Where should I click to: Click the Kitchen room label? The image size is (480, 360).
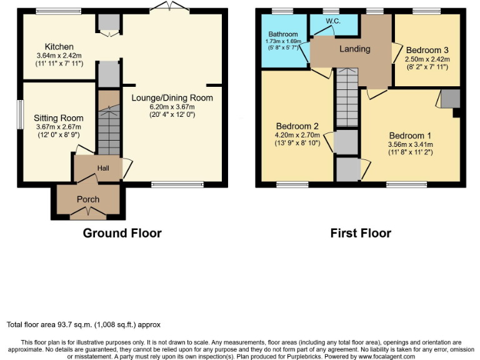click(59, 47)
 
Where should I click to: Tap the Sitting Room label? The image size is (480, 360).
click(59, 118)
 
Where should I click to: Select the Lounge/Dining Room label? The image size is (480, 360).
click(172, 97)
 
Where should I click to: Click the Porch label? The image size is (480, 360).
click(88, 199)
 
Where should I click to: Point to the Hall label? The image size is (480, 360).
click(102, 168)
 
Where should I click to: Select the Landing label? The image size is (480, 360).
click(354, 49)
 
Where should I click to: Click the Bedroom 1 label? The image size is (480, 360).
click(410, 136)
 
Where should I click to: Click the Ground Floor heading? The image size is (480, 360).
click(122, 233)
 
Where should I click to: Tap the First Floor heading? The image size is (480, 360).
click(361, 233)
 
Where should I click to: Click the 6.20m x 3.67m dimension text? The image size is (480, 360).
click(172, 106)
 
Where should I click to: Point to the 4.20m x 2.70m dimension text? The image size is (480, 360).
click(293, 134)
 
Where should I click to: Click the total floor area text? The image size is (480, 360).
click(84, 324)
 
